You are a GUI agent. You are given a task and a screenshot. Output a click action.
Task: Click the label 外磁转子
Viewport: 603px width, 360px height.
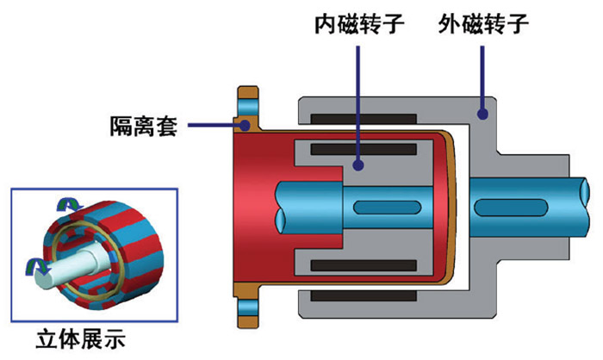coord(482,21)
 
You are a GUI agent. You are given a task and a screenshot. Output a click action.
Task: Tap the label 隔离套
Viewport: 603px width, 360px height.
coord(143,127)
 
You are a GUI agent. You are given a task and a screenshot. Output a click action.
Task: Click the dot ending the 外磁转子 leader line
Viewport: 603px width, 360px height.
coord(483,112)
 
